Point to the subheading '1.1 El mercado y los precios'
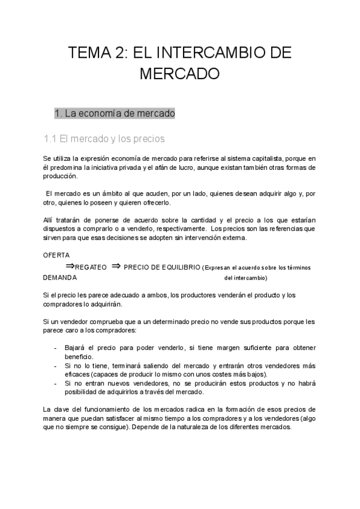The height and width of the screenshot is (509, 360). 104,139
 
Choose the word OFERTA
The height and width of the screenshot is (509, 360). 57,255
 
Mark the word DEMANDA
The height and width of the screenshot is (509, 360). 60,278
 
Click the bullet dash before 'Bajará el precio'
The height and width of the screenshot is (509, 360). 56,348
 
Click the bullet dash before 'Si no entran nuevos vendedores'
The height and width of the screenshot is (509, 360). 56,384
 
